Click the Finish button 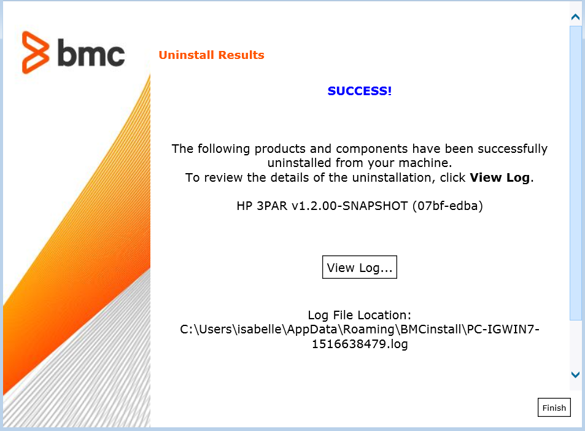[x=554, y=408]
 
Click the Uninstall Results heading [x=211, y=55]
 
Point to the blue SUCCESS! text [x=359, y=91]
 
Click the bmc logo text [x=91, y=54]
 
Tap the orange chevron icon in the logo [x=36, y=52]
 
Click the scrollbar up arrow [x=575, y=17]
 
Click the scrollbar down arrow [x=575, y=375]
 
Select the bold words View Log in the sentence [x=500, y=178]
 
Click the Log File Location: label [x=359, y=315]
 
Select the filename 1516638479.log [x=359, y=344]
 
